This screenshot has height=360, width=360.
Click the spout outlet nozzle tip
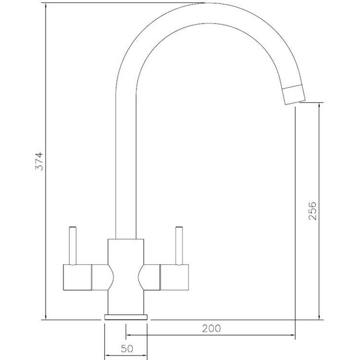click(294, 94)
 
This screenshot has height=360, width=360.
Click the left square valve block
click(77, 278)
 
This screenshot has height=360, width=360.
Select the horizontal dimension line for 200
click(211, 336)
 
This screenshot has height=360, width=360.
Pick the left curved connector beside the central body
click(102, 278)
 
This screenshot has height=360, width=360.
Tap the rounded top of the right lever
click(180, 227)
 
